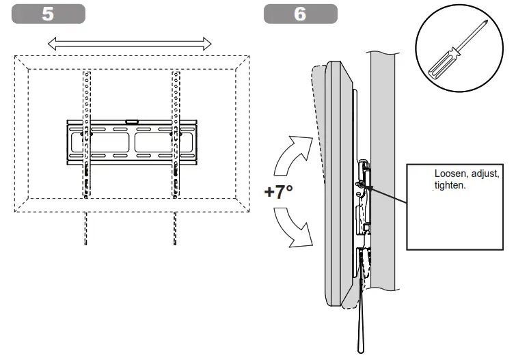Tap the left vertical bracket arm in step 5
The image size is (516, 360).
click(x=85, y=133)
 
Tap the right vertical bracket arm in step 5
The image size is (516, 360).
click(x=175, y=133)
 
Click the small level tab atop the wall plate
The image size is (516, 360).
click(x=131, y=123)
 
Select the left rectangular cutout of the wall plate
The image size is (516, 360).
click(x=108, y=142)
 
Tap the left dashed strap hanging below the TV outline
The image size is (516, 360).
click(x=85, y=229)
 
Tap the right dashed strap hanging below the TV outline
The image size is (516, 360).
click(x=175, y=229)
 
